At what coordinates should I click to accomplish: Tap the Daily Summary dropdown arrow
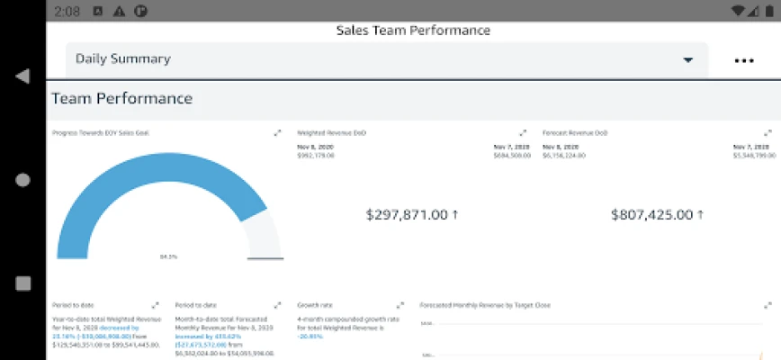pyautogui.click(x=688, y=60)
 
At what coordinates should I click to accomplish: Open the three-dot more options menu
pyautogui.click(x=743, y=61)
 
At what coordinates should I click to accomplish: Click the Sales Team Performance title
pyautogui.click(x=413, y=31)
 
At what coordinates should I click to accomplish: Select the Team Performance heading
pyautogui.click(x=121, y=98)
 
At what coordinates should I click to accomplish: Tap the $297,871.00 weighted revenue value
pyautogui.click(x=412, y=214)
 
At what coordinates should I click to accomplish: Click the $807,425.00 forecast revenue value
pyautogui.click(x=657, y=214)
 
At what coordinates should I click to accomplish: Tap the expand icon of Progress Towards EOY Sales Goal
pyautogui.click(x=278, y=133)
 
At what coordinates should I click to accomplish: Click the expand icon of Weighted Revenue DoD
pyautogui.click(x=523, y=133)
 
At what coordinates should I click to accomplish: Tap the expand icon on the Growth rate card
pyautogui.click(x=401, y=305)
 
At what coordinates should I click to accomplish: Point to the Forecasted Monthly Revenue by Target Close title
pyautogui.click(x=485, y=305)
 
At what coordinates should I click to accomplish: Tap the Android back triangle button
pyautogui.click(x=22, y=76)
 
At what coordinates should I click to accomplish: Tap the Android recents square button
pyautogui.click(x=22, y=283)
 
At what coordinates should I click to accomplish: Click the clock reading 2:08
pyautogui.click(x=67, y=12)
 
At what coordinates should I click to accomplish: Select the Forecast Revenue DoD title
pyautogui.click(x=575, y=133)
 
